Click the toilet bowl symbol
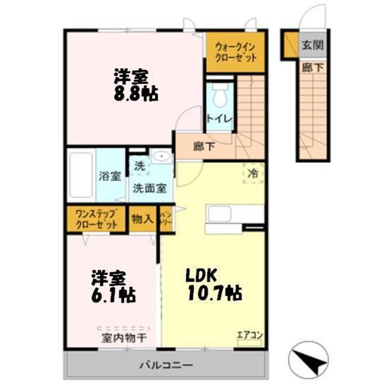[221, 95]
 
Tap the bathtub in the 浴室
[81, 175]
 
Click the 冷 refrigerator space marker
[253, 173]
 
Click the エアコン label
[251, 335]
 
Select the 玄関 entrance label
[312, 45]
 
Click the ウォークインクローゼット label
[236, 52]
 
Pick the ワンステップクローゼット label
[96, 219]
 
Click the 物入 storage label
[142, 219]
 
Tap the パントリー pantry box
[166, 219]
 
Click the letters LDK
[202, 275]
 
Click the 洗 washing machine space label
[139, 166]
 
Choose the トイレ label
[219, 119]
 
